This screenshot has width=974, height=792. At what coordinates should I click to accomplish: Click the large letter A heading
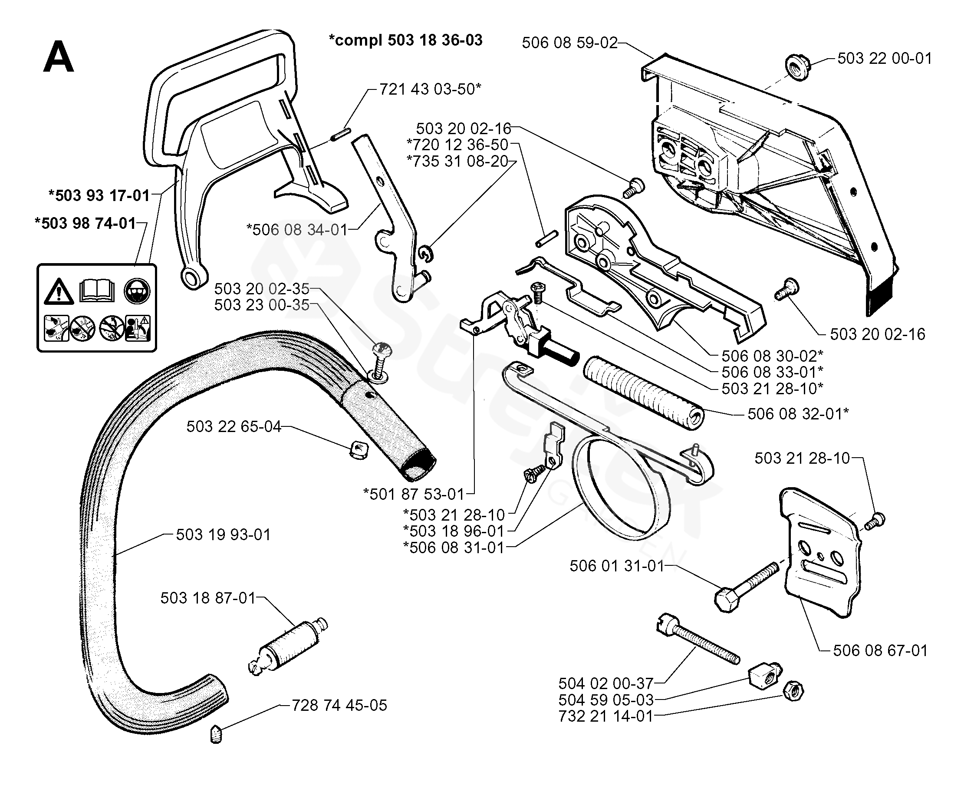(58, 57)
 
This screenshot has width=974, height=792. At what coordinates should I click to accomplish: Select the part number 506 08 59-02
(569, 43)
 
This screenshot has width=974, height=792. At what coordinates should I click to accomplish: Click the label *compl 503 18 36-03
(405, 40)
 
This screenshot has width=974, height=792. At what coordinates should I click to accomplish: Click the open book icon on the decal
(97, 290)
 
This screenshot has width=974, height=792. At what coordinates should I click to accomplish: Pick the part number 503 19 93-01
(224, 534)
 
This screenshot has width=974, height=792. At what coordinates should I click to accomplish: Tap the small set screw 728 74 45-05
(216, 734)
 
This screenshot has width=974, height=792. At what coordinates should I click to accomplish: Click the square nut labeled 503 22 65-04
(359, 451)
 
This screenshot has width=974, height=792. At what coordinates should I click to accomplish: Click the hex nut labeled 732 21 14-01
(793, 691)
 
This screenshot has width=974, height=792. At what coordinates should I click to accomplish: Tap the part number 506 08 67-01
(880, 650)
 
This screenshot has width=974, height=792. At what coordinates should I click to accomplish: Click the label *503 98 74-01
(85, 223)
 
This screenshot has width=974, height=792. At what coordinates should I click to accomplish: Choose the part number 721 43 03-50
(430, 89)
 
